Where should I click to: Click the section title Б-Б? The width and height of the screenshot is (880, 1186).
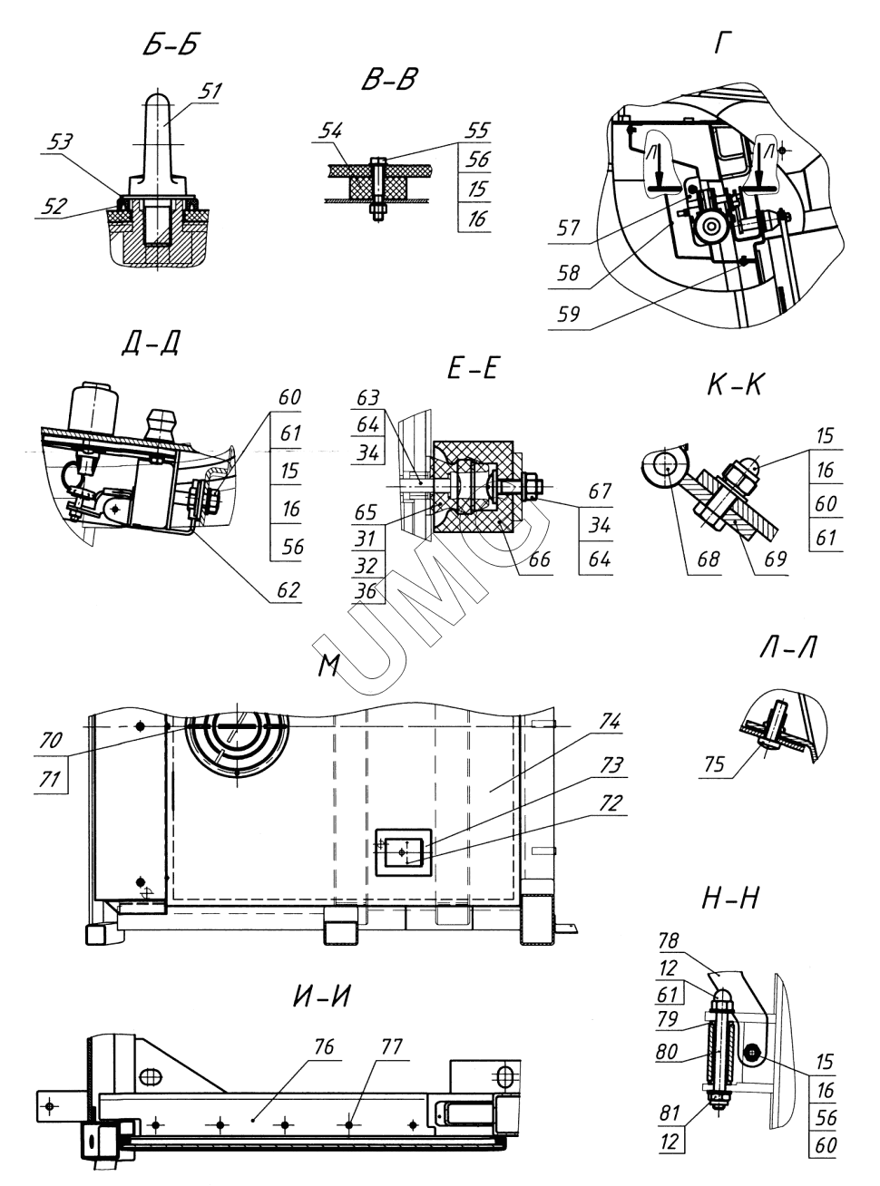coord(171,45)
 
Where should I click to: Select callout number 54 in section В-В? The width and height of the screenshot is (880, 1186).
coord(330,131)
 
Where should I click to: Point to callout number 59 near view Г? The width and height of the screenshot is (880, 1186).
coord(569,314)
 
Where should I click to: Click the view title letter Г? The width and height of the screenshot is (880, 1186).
coord(723,44)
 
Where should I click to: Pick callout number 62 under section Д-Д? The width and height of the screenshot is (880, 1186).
coord(288,590)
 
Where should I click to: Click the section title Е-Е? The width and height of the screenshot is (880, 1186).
coord(473,368)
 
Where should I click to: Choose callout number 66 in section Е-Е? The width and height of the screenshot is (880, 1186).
coord(539,559)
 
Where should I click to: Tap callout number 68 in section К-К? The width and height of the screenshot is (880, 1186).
coord(709,559)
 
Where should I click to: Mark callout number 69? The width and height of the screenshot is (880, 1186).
coord(775,559)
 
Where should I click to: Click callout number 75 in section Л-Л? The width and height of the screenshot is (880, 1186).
coord(714,764)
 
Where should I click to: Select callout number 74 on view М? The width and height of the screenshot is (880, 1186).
coord(610,722)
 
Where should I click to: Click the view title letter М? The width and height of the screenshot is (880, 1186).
coord(328,666)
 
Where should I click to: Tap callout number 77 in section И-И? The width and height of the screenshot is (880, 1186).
coord(392,1046)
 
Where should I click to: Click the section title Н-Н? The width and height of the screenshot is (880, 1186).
coord(730,899)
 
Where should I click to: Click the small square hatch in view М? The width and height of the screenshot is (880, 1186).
coord(403,851)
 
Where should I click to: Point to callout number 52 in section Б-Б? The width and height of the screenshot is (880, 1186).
coord(54,207)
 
